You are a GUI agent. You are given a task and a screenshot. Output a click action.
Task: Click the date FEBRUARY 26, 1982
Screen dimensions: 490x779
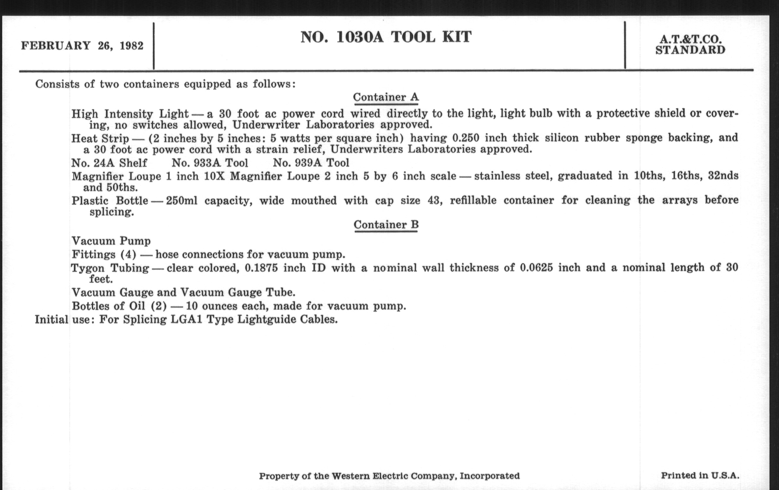(x=82, y=46)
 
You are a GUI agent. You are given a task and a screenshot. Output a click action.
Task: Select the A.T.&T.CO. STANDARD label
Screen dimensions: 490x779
(x=690, y=45)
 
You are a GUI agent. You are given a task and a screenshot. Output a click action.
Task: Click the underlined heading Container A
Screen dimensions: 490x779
(x=386, y=97)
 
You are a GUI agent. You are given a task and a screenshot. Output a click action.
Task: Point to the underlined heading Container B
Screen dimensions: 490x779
(x=386, y=225)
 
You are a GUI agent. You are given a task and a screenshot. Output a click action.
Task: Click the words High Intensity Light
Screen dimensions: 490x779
(x=130, y=114)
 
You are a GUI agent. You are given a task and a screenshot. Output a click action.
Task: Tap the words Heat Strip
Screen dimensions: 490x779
(x=100, y=138)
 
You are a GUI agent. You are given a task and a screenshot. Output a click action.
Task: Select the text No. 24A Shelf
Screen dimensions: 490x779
(x=109, y=163)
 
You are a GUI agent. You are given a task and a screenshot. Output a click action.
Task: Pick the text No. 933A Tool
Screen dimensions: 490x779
(x=210, y=163)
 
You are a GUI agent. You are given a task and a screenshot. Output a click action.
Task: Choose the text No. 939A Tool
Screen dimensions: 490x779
(x=311, y=163)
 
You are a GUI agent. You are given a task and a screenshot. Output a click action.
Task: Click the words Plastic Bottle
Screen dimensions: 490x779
(x=110, y=200)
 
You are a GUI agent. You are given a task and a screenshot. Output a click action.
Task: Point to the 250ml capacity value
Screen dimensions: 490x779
(x=182, y=200)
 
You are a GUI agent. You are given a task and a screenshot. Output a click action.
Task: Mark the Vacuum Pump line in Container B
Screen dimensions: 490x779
(x=111, y=241)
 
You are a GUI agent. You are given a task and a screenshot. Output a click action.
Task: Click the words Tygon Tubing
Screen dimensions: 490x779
(x=110, y=268)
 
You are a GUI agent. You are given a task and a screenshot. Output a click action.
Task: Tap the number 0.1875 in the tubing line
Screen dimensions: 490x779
(x=261, y=268)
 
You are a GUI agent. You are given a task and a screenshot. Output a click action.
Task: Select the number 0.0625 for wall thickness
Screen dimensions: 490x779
(x=536, y=268)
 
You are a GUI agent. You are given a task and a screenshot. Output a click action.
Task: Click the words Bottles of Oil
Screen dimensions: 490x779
(x=108, y=306)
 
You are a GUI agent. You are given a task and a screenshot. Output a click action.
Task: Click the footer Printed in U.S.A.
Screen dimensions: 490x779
(x=700, y=476)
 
